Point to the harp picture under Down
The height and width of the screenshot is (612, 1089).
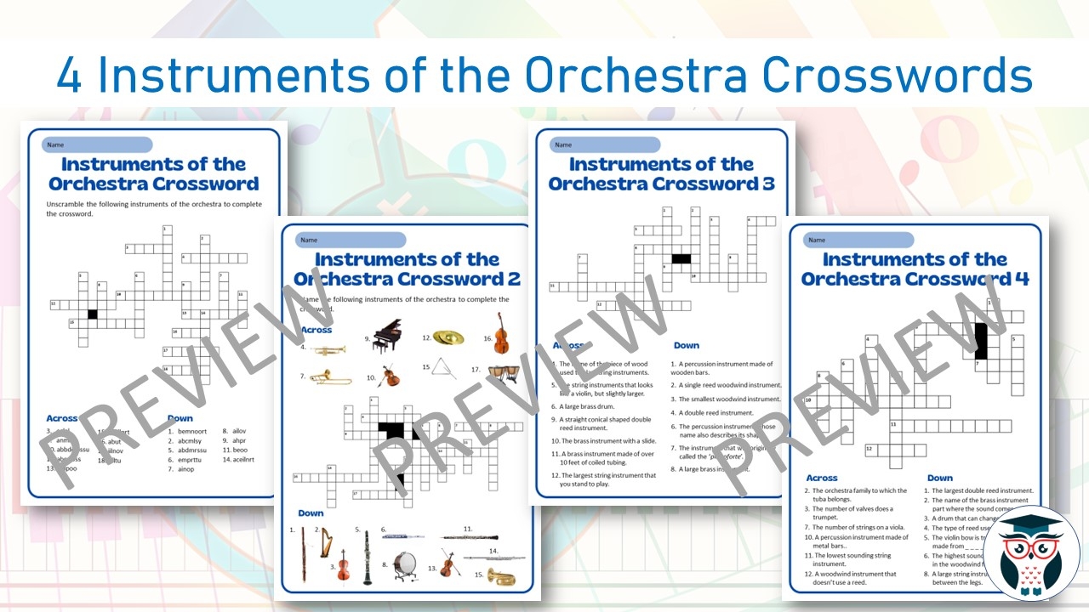[x=326, y=544]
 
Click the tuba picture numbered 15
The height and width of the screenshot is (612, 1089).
[x=501, y=575]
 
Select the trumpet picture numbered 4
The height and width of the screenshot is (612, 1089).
[x=328, y=349]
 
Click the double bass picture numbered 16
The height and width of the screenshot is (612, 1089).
[x=502, y=333]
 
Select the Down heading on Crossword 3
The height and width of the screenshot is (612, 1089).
[x=686, y=345]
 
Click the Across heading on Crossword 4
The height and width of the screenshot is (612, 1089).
[x=821, y=478]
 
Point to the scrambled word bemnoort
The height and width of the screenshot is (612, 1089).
[x=192, y=431]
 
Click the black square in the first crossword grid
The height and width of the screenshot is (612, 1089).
[x=93, y=314]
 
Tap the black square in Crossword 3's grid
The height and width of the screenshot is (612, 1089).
[x=680, y=258]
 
